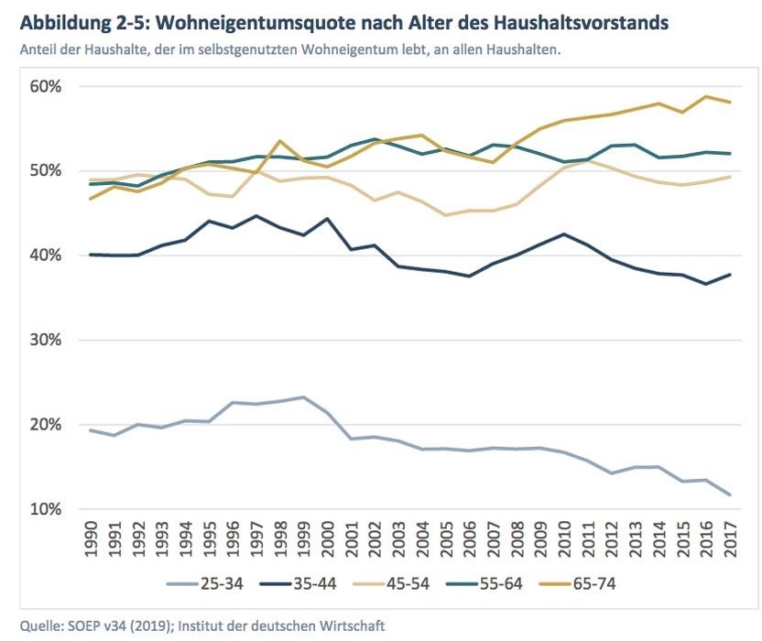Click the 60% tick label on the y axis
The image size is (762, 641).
(x=45, y=86)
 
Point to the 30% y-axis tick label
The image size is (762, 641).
(x=45, y=340)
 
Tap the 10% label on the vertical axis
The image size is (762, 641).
(x=45, y=509)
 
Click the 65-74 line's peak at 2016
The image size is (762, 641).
(x=706, y=96)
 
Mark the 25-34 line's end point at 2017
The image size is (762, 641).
(x=730, y=494)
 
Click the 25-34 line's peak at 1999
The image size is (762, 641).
(x=303, y=397)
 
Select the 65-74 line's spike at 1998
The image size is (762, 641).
(x=279, y=141)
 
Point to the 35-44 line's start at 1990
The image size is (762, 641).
(x=90, y=255)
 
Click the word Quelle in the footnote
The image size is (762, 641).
(x=38, y=626)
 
